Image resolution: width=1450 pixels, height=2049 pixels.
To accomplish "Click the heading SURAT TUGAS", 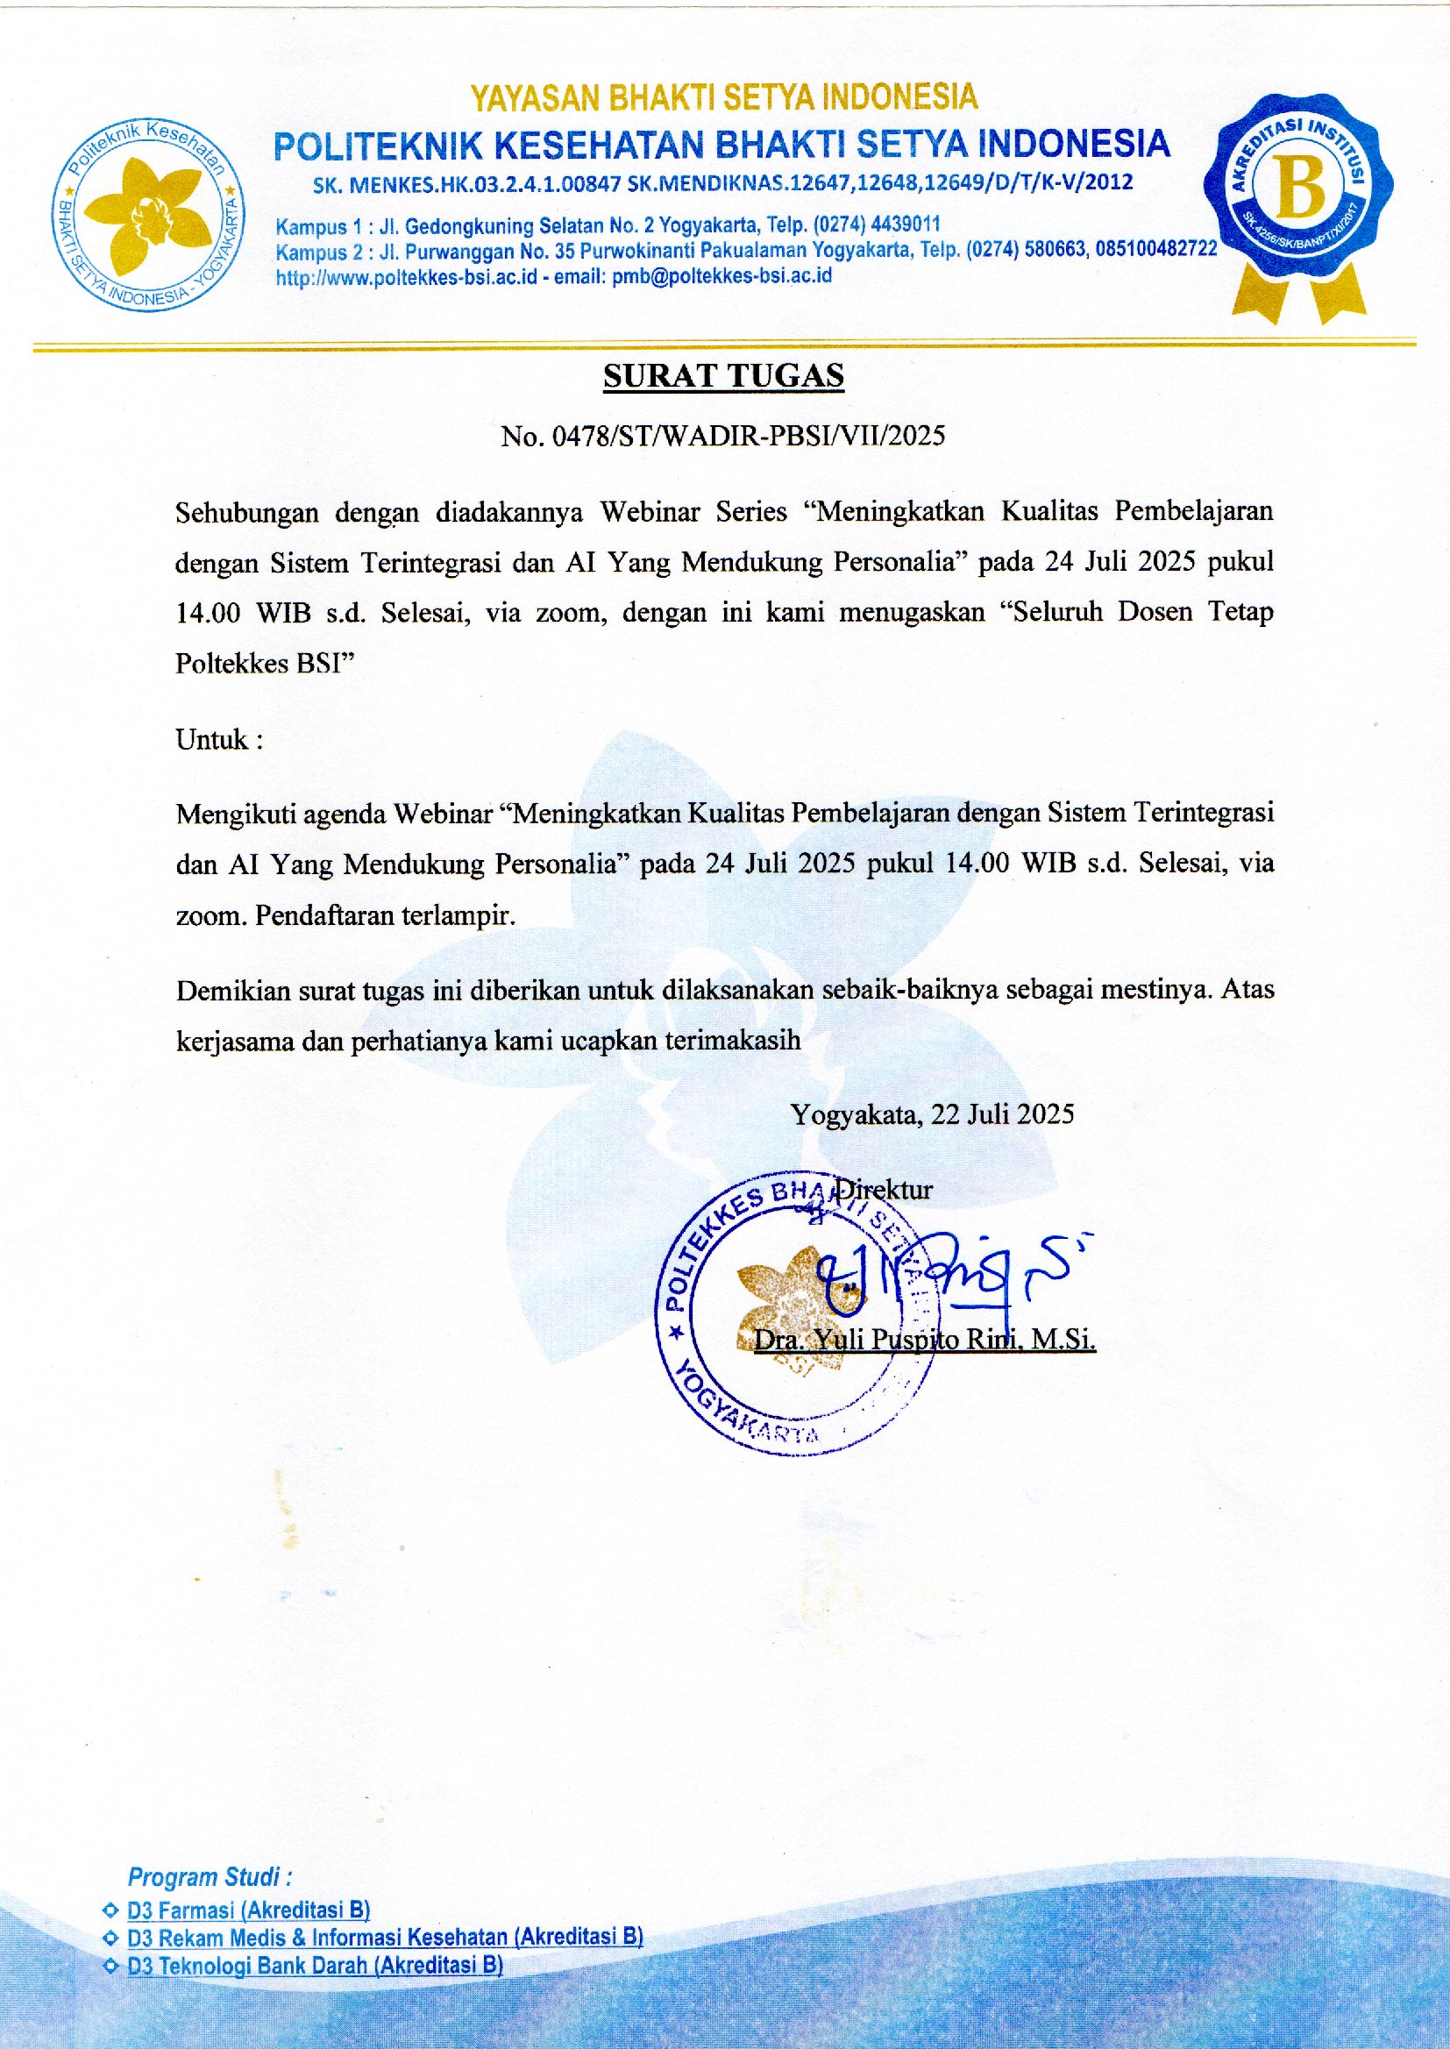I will point(723,376).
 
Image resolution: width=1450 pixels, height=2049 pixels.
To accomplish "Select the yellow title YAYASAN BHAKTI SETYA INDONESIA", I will point(723,97).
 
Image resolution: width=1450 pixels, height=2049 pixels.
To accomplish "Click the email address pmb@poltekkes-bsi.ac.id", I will point(721,277).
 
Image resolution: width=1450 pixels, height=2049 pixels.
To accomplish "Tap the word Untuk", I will point(212,740).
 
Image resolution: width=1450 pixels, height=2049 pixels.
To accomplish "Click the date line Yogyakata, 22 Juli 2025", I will point(932,1113).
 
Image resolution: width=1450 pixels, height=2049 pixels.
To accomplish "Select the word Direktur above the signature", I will point(882,1189).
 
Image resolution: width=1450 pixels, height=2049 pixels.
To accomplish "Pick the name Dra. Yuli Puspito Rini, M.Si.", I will point(925,1340).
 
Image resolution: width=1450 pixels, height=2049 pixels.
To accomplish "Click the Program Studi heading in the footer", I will point(210,1877).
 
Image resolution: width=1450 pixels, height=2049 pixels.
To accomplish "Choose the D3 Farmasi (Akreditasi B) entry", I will point(248,1910).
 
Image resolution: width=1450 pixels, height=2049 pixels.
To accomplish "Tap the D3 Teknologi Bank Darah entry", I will point(315,1966).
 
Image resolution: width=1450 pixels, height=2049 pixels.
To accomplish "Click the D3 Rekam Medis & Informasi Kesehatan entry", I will point(384,1939).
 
